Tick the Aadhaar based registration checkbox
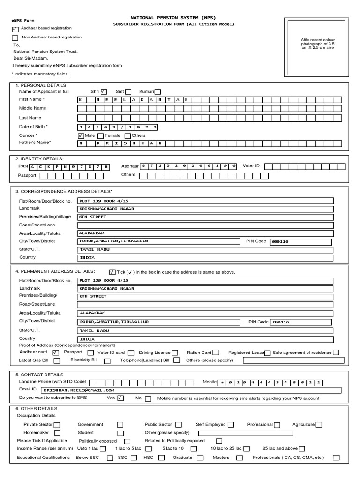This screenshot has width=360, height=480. point(15,29)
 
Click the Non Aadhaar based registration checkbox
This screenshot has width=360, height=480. point(15,38)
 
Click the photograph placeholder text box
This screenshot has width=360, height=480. point(317,44)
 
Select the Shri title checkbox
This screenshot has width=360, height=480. point(104,92)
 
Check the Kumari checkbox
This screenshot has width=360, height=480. point(157,92)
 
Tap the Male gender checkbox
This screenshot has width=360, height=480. point(81,135)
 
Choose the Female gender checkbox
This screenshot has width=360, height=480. point(100,135)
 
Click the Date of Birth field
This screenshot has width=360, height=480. point(118,127)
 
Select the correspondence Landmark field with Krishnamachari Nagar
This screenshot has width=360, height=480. point(205,209)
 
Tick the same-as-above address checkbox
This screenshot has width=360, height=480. point(112,272)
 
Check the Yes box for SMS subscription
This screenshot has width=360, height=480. point(121,398)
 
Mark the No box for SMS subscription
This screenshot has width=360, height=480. point(148,399)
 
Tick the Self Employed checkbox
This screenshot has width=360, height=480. point(231,425)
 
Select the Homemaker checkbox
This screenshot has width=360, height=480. point(57,433)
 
